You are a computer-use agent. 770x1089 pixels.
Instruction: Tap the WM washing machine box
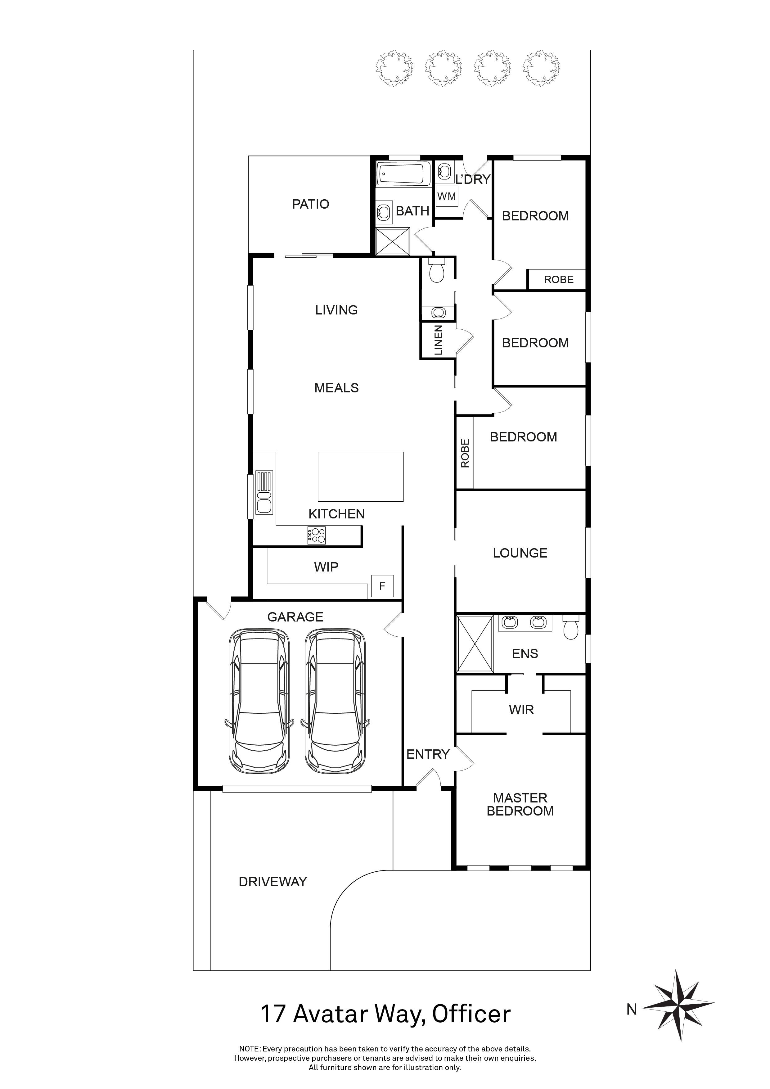click(x=447, y=197)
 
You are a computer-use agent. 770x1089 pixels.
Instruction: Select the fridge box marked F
click(x=382, y=586)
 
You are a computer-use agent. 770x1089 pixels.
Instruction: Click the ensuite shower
click(x=475, y=644)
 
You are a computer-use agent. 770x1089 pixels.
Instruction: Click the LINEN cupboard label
click(x=439, y=340)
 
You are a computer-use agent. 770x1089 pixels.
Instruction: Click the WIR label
click(x=521, y=710)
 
